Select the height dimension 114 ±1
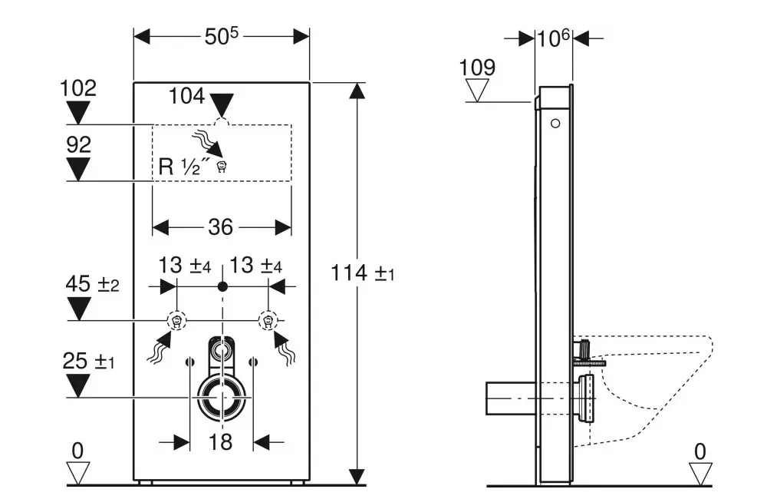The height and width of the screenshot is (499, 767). (363, 273)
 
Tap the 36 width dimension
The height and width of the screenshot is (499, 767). (221, 227)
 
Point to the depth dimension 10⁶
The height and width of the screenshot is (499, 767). (553, 38)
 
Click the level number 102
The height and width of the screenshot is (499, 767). (78, 88)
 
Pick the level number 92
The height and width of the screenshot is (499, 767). (78, 144)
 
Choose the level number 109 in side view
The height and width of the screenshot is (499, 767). (477, 68)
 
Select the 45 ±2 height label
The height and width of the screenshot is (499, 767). (91, 285)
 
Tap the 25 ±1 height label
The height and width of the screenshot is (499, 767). (89, 359)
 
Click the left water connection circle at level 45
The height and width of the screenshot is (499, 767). (177, 320)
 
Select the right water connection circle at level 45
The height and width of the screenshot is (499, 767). (268, 320)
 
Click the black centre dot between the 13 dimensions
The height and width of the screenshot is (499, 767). (222, 286)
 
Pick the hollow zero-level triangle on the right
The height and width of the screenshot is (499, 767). (700, 472)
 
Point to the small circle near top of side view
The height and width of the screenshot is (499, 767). (556, 123)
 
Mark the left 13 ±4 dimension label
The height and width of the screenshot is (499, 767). (185, 266)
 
